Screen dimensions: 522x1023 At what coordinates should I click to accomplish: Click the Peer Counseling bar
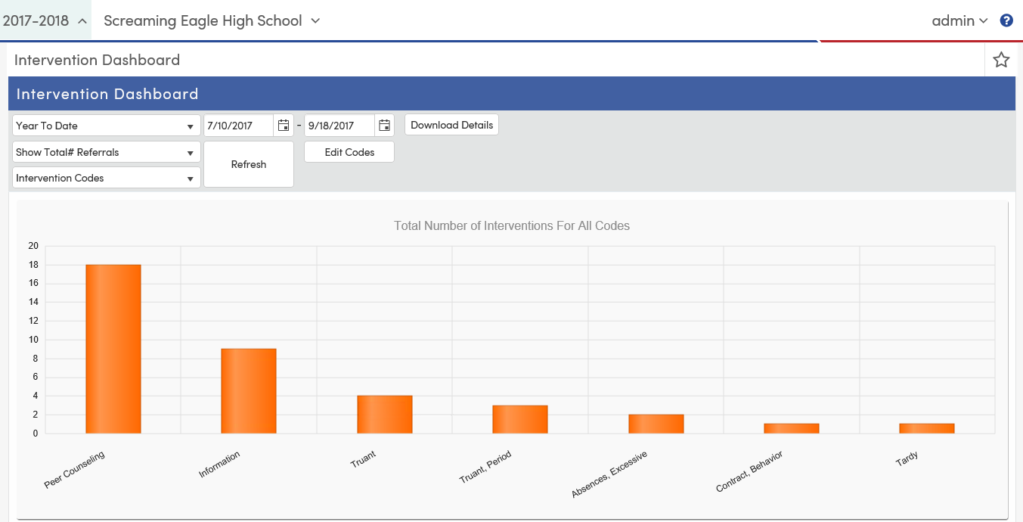113,349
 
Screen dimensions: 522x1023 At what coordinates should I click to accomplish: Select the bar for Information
249,390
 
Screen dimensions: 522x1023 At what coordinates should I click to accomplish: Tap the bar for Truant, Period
520,419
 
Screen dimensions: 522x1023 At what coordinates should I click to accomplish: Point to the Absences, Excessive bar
656,424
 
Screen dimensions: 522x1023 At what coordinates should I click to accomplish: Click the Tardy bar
927,428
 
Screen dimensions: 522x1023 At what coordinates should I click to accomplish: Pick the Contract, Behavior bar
792,428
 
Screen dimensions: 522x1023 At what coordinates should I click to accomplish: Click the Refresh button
249,164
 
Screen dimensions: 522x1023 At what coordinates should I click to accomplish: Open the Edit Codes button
349,152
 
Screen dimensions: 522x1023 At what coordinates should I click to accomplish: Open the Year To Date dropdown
107,126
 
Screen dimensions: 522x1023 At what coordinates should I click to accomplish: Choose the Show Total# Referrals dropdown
107,152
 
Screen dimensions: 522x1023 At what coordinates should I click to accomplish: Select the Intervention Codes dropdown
107,178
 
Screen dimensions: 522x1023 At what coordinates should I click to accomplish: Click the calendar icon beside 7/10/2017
284,126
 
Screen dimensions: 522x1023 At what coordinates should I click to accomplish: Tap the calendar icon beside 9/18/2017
384,126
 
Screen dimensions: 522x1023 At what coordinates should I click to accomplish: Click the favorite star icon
1001,60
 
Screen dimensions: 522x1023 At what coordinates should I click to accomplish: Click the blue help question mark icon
1006,20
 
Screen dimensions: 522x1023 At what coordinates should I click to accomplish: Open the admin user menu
959,20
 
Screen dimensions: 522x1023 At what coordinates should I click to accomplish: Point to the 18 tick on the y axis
33,265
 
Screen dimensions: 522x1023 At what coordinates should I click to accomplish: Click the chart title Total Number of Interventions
512,225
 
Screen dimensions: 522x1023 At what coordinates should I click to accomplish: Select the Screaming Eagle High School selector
212,20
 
